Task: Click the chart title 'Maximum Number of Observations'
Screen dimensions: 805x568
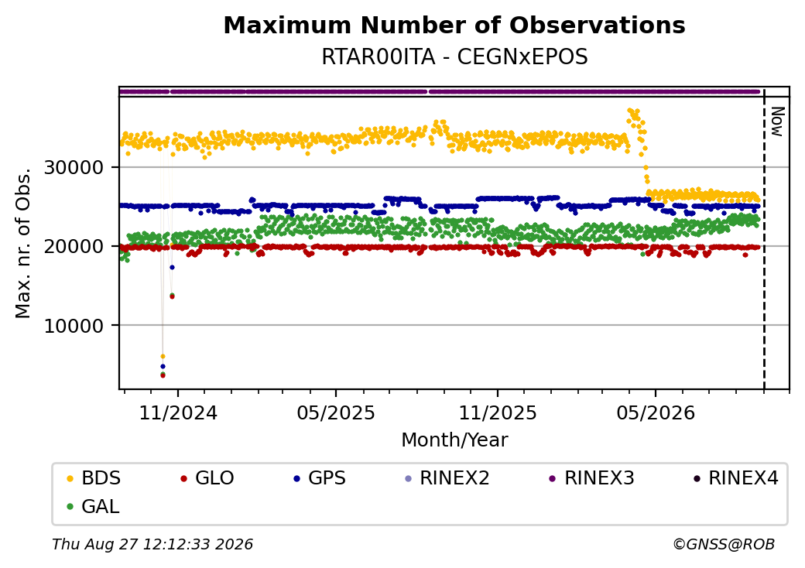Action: (454, 25)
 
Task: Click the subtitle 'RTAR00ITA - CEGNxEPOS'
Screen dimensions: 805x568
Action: (454, 57)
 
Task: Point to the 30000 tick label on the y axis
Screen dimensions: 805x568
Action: (74, 167)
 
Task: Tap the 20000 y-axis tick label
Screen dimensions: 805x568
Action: (74, 246)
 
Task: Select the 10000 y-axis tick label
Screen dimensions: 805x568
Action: (74, 325)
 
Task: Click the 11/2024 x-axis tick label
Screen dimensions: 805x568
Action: (178, 413)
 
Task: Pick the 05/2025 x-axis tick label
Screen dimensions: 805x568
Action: (336, 413)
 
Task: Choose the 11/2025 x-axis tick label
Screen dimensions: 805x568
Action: (497, 413)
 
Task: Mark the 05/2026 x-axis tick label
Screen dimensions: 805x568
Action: (655, 413)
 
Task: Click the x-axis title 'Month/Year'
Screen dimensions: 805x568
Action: (454, 440)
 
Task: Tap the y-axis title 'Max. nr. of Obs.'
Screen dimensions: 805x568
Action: (23, 243)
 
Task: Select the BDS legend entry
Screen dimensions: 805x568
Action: (94, 478)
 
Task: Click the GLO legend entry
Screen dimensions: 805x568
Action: (207, 478)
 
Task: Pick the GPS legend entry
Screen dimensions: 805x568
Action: (320, 478)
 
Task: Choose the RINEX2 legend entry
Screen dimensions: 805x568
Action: (447, 478)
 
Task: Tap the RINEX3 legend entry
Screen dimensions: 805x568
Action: (592, 478)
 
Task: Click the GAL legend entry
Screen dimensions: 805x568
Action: (94, 506)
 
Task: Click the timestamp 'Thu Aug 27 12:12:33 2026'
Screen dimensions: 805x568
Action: (152, 544)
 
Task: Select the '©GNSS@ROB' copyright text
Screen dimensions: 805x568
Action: (724, 544)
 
